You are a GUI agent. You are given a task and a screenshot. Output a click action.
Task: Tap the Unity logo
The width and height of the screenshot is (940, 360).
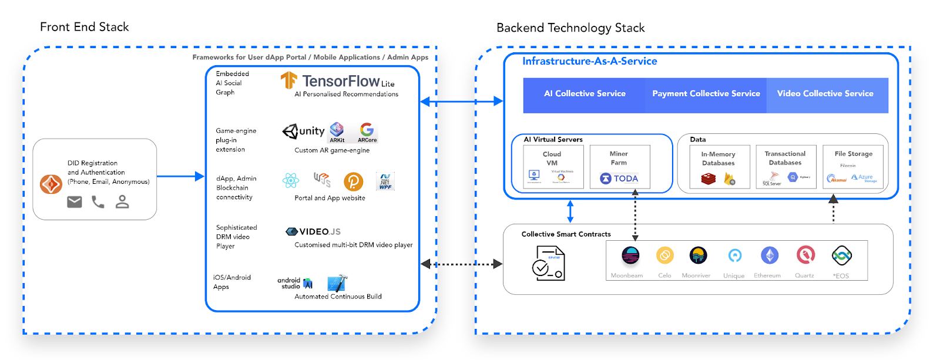(304, 131)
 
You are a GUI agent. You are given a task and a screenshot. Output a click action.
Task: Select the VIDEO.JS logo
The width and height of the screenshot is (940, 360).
(313, 231)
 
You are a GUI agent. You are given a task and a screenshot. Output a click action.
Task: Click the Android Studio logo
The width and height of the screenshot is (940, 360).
(295, 283)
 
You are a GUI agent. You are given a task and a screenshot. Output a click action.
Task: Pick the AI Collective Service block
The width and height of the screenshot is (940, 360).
(585, 94)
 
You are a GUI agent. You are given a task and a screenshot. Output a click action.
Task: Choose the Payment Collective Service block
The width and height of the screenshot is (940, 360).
(706, 94)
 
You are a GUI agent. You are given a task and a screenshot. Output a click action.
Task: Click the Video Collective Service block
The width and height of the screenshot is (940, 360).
(825, 94)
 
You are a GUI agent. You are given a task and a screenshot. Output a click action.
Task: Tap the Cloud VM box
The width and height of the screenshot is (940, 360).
(553, 167)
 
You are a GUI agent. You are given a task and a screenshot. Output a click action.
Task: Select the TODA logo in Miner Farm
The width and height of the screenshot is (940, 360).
(619, 179)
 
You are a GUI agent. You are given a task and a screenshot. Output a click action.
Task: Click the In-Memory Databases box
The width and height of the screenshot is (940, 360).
(718, 167)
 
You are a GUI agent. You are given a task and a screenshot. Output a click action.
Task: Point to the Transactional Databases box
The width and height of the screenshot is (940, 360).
(785, 167)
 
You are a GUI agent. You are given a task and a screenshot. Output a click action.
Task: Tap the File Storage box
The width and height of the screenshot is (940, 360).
(853, 167)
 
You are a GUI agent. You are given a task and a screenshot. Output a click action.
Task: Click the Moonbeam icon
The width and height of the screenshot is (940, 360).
(630, 255)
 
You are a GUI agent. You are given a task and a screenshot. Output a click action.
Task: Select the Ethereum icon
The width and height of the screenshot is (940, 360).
(770, 255)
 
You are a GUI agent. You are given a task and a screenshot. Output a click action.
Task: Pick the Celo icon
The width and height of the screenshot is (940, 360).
(665, 255)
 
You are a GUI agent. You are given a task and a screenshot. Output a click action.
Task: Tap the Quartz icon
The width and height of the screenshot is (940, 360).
(805, 255)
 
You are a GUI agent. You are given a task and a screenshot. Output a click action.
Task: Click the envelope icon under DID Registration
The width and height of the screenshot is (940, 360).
(75, 202)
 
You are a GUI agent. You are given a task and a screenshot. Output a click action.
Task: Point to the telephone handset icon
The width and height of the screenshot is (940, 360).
(98, 202)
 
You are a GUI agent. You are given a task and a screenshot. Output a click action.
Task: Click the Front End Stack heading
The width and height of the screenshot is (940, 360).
(84, 27)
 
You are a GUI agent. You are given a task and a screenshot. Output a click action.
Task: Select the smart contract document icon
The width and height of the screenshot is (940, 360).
(548, 263)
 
